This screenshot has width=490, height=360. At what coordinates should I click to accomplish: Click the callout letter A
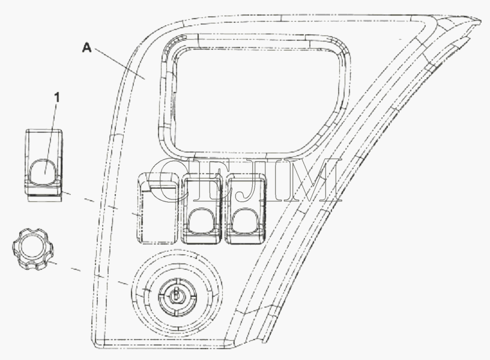point(87,48)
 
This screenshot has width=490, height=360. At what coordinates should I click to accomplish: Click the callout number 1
point(56,97)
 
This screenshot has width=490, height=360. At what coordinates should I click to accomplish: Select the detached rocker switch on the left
point(43,165)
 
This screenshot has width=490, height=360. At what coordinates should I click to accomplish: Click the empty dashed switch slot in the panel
point(156,208)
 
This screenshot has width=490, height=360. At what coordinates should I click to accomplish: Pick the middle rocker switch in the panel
point(201,209)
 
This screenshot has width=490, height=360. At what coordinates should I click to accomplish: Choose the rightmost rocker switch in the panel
point(247,209)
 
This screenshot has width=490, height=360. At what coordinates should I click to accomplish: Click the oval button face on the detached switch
point(44,171)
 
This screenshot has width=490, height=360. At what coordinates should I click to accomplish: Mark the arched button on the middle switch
point(202,221)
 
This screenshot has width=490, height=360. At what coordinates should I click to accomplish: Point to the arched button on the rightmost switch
point(247,221)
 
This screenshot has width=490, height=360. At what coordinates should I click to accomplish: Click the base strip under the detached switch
point(44,198)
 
